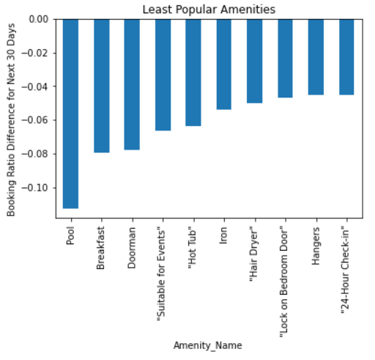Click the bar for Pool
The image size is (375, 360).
(71, 114)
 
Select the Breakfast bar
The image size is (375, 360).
(102, 86)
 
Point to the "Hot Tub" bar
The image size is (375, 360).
(193, 73)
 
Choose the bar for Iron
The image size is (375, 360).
(224, 65)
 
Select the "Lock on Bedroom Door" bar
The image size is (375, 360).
(286, 59)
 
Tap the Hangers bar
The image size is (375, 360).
(316, 57)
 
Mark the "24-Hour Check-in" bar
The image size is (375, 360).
(347, 57)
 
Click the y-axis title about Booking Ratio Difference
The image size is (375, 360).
(11, 118)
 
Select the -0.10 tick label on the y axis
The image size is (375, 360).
(37, 188)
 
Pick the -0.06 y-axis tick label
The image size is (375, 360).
(37, 120)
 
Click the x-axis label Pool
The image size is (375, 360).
(72, 236)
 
